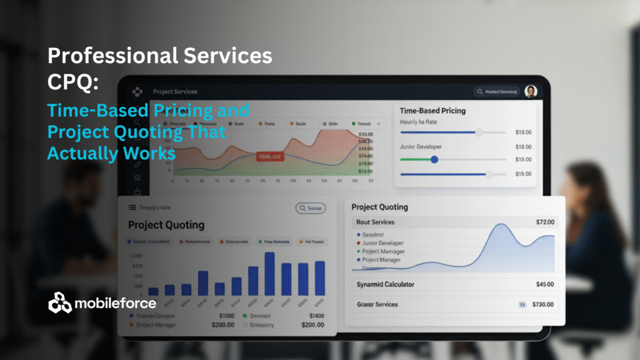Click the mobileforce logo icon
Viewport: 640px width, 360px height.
(x=60, y=302)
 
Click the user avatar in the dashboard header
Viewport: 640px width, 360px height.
(x=531, y=92)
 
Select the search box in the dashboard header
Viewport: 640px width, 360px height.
(x=497, y=92)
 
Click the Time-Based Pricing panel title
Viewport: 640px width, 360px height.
(x=432, y=111)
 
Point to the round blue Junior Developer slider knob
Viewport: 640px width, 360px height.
(x=434, y=159)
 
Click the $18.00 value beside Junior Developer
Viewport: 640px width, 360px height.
(x=523, y=147)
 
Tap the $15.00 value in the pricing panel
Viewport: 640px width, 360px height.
(x=523, y=174)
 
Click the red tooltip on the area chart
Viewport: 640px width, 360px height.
(x=270, y=157)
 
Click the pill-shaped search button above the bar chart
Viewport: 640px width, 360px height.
(x=310, y=208)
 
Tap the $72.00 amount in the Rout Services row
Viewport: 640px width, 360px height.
(x=545, y=222)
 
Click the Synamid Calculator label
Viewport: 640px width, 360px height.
(x=385, y=284)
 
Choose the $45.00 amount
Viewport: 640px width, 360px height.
(x=545, y=284)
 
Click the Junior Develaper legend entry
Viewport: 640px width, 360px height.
(x=382, y=243)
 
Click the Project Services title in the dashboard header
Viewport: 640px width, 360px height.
(x=175, y=92)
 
